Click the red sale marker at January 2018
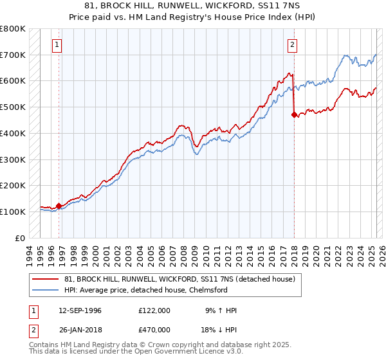[295, 115]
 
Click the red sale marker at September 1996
[59, 206]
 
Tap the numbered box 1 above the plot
[58, 45]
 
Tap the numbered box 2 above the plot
[293, 45]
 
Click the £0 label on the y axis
[21, 238]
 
